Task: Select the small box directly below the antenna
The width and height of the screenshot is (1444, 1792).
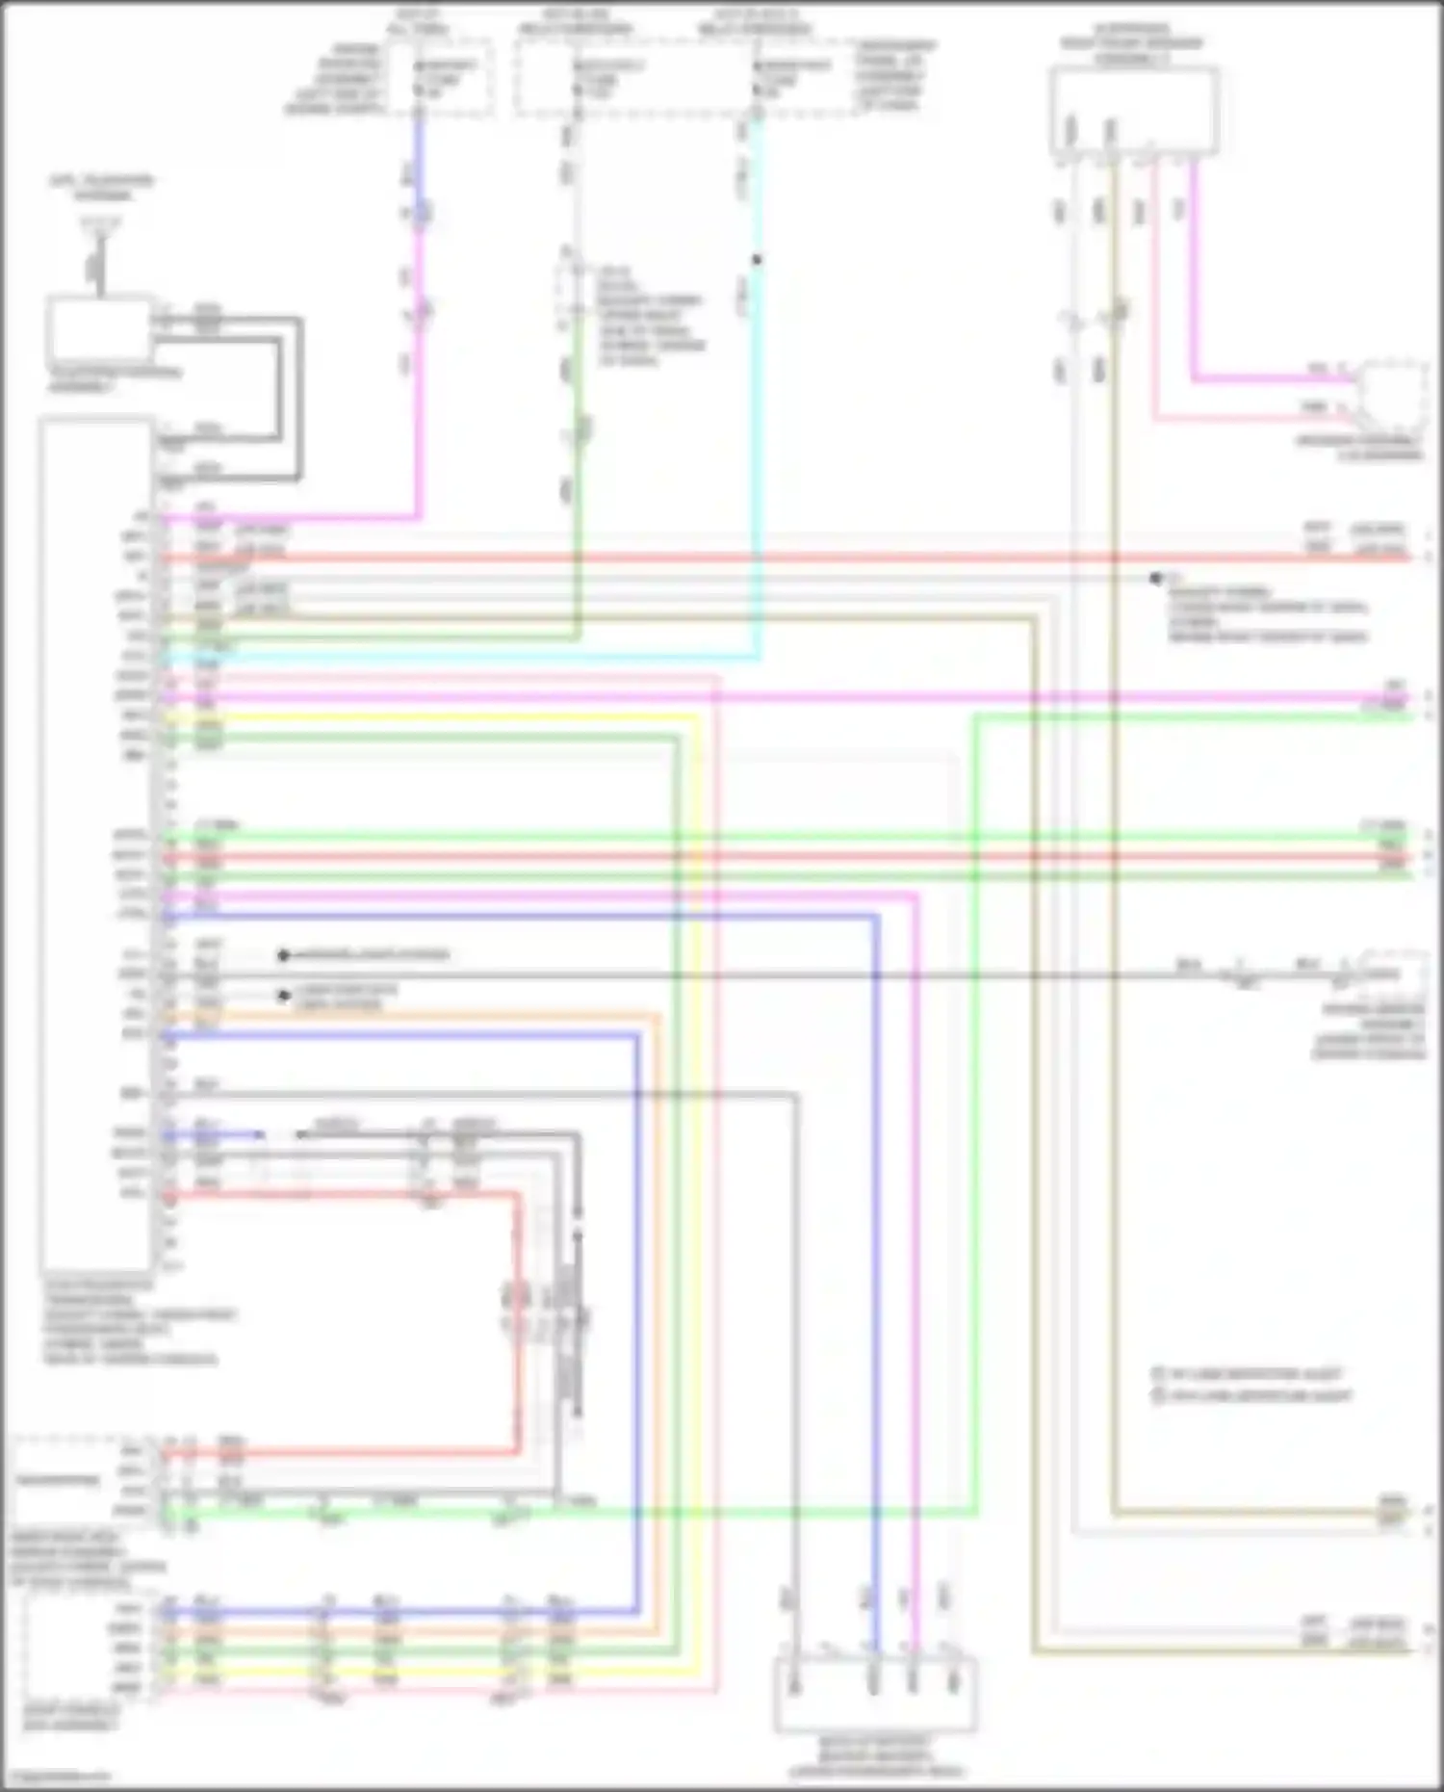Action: pyautogui.click(x=99, y=330)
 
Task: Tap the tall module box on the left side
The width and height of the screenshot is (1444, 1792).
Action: pyautogui.click(x=96, y=843)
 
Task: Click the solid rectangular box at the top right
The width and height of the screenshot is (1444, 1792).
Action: pyautogui.click(x=1134, y=110)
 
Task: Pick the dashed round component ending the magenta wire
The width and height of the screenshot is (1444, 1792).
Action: pyautogui.click(x=1392, y=397)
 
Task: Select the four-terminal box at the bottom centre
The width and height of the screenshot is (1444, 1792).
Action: pyautogui.click(x=875, y=1693)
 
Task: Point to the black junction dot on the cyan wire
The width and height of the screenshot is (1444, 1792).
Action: pyautogui.click(x=757, y=260)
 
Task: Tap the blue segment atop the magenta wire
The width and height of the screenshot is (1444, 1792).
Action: pyautogui.click(x=420, y=154)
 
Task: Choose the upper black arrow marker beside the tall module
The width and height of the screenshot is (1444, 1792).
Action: pyautogui.click(x=284, y=955)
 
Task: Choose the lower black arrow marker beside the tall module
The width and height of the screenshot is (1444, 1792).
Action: pyautogui.click(x=284, y=996)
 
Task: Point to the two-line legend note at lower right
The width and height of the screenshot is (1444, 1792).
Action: pyautogui.click(x=1251, y=1385)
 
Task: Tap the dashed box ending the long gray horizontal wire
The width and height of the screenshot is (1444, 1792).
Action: pyautogui.click(x=1392, y=974)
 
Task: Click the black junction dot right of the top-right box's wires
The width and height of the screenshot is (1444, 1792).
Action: pyautogui.click(x=1155, y=578)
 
